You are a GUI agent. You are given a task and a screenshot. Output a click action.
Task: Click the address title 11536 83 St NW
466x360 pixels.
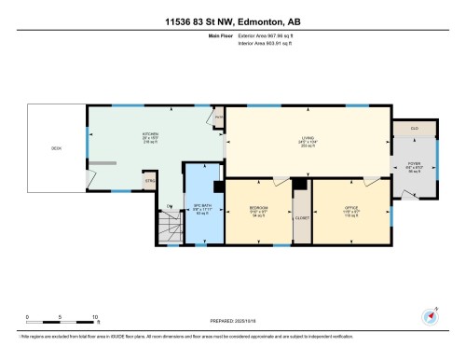click(233, 21)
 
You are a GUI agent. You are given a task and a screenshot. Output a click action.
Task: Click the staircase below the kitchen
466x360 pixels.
click(169, 227)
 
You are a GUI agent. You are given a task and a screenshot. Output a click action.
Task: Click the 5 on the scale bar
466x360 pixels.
click(61, 318)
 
